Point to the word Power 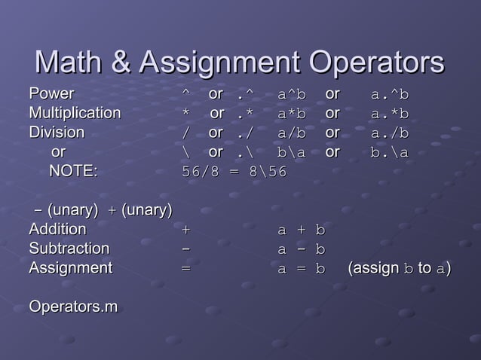51,95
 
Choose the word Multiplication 75,114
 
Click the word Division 57,133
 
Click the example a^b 292,96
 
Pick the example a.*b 390,114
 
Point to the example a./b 390,133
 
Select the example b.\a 390,152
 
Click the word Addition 57,229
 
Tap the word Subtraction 69,249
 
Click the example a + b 301,230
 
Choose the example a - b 301,249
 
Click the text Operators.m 73,307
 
